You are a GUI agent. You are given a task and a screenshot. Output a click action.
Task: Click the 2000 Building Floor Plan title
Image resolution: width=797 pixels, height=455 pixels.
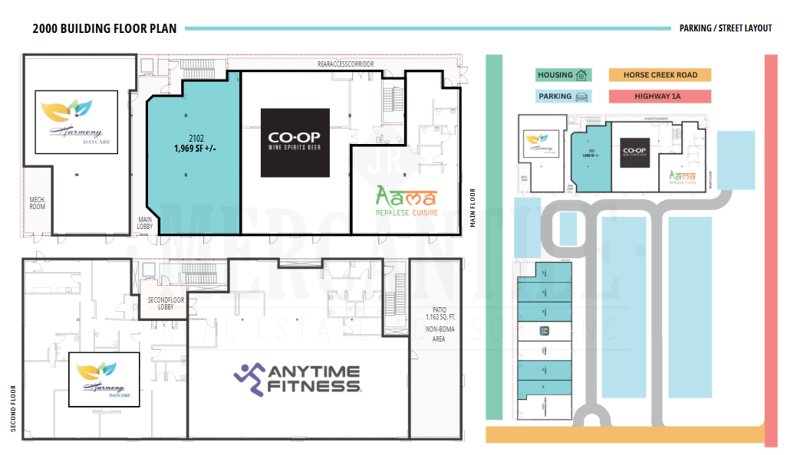(104, 29)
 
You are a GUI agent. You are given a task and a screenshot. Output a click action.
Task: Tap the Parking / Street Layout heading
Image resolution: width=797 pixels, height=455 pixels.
(725, 28)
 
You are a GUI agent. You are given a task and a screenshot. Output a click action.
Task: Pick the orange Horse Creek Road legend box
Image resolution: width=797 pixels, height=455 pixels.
(660, 75)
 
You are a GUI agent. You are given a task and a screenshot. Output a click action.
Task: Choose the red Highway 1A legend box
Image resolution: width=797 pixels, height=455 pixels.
(660, 97)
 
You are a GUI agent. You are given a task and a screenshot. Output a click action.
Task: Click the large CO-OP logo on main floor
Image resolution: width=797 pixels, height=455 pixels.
(295, 142)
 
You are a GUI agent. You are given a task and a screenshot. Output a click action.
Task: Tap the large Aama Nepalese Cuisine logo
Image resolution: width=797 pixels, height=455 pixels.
(406, 201)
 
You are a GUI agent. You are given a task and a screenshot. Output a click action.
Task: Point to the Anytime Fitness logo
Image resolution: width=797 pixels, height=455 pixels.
(298, 378)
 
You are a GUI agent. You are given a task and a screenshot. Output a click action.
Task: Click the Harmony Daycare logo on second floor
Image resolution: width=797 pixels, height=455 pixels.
(104, 379)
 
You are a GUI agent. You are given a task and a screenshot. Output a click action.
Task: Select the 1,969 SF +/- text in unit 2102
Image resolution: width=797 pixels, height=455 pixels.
(193, 148)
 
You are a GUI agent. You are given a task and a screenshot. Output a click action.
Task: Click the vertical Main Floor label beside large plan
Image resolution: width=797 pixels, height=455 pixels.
(473, 208)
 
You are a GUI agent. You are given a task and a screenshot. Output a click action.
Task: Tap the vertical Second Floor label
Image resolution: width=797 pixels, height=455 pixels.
(13, 408)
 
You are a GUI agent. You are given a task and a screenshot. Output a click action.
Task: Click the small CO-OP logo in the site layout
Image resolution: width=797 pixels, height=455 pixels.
(635, 152)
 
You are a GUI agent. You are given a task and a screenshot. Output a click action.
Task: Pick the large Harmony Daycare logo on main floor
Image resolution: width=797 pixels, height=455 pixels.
(76, 122)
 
